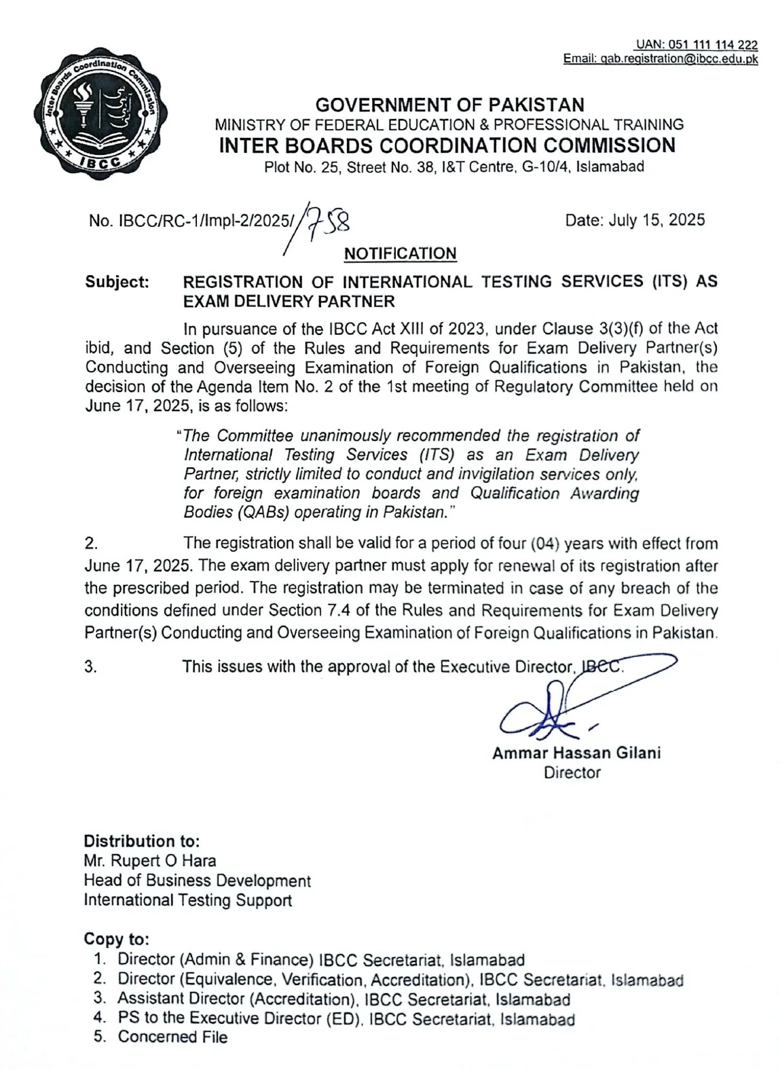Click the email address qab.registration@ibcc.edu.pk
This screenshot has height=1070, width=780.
pos(661,59)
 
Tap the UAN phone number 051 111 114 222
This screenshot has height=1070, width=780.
pos(697,46)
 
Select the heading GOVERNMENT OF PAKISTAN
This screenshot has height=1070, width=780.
pos(450,105)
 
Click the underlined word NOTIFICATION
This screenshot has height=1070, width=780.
pos(400,253)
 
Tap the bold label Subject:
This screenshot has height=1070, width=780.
pos(117,281)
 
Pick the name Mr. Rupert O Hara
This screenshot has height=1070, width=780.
pos(150,861)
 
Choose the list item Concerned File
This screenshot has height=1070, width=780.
pos(172,1037)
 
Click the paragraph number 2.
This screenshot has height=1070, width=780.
pos(91,543)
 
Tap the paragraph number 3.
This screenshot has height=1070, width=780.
pos(91,666)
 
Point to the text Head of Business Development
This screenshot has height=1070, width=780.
pos(197,880)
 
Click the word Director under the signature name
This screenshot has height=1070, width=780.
pos(572,772)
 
